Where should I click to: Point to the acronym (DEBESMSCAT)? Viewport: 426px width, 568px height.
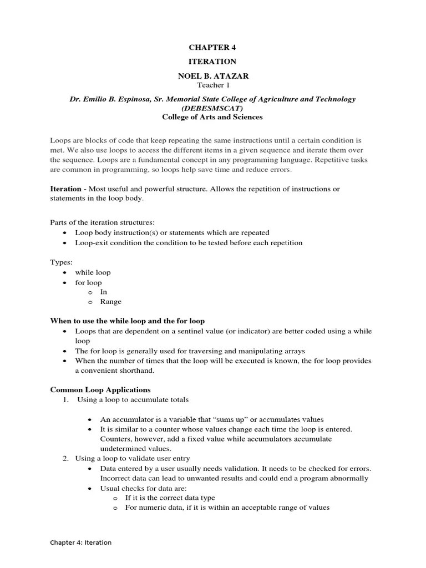[x=212, y=108]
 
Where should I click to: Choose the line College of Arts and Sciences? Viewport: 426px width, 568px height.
[x=212, y=117]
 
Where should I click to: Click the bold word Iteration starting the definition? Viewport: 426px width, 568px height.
[x=65, y=189]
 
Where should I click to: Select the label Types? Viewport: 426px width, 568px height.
[x=61, y=262]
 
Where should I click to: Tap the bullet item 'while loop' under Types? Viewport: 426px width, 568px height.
[x=93, y=272]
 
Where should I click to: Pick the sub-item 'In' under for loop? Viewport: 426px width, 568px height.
[x=104, y=292]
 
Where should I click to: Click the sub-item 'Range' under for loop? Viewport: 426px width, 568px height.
[x=110, y=302]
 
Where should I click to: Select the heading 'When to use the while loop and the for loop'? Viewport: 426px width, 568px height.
[x=128, y=321]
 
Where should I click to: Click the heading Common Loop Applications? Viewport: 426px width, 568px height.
[x=100, y=389]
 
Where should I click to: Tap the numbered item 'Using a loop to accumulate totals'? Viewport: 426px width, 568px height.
[x=133, y=399]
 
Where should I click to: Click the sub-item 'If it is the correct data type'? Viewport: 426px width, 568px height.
[x=170, y=498]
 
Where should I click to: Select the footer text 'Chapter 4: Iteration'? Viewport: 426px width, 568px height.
[x=81, y=542]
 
